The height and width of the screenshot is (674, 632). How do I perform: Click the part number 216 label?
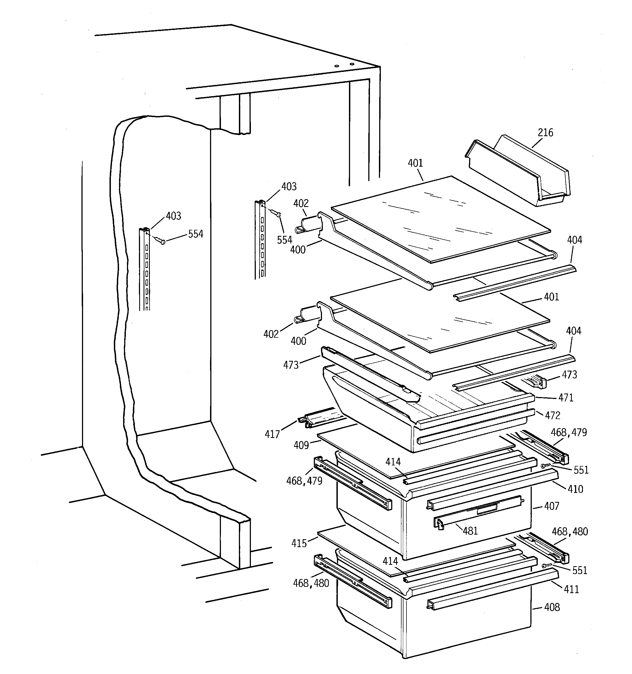coord(545,133)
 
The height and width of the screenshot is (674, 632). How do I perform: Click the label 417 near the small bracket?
coord(272,434)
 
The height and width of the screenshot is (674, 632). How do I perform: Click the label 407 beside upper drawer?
coord(551,506)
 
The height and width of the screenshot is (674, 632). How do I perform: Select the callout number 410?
coord(575,489)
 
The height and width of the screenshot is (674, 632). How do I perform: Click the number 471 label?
coord(566,398)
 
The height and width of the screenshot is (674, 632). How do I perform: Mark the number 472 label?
coord(562,415)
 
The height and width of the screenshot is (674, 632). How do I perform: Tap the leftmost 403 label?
coord(173,216)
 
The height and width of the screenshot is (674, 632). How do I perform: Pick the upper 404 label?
coord(574,240)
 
